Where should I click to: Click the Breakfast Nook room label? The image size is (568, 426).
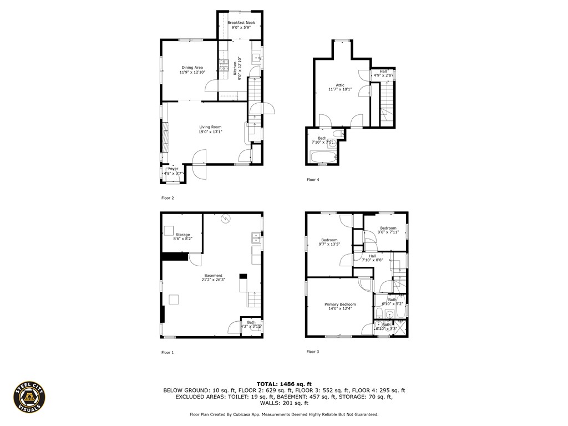pos(240,23)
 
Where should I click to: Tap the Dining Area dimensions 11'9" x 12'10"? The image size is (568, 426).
pos(192,72)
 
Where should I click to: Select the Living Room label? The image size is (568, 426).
pos(210,127)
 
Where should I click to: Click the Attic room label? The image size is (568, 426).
pos(340,85)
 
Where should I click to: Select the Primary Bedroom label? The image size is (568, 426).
pos(340,305)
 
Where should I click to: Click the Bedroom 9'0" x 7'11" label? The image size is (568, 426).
pos(388,228)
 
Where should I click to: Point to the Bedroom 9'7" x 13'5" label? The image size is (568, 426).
pos(329,240)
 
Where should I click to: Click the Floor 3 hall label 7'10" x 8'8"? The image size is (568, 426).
pos(372,256)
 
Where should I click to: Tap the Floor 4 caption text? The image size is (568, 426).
pos(313,180)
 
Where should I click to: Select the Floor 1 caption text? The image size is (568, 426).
pos(167,352)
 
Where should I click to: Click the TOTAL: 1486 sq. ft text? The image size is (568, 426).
pos(284,384)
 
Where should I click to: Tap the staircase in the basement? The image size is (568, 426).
pos(255,300)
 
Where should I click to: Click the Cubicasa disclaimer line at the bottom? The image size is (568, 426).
pos(284,414)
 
